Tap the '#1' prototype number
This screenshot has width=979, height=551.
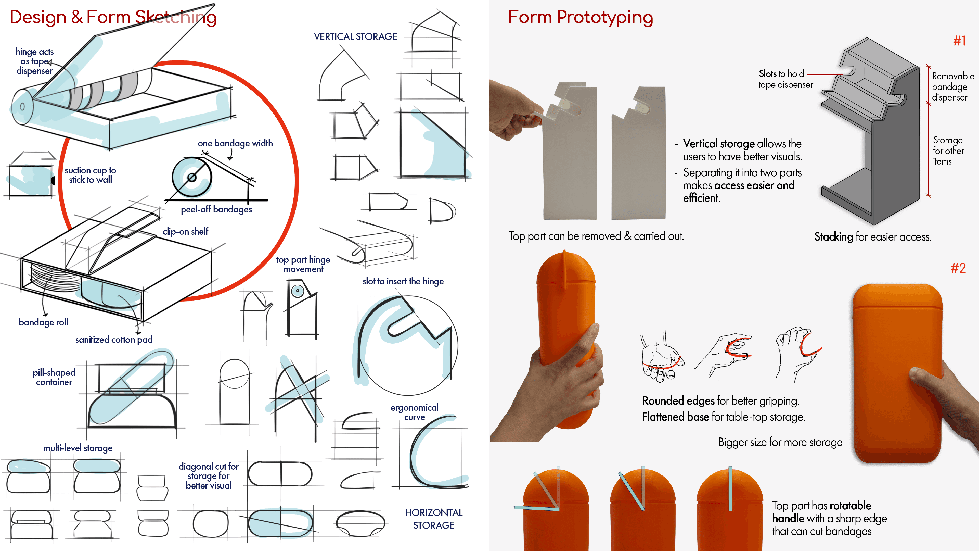click(959, 41)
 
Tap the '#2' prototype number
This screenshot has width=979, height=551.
click(958, 268)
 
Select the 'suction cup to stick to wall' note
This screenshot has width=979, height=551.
click(91, 175)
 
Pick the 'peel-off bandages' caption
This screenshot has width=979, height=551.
click(216, 209)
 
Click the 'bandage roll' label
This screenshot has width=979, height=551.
click(43, 322)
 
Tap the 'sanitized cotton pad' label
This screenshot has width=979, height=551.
click(114, 340)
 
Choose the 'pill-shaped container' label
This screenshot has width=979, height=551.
click(54, 377)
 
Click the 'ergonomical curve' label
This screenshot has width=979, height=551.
click(414, 412)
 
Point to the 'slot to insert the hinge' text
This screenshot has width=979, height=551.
click(403, 281)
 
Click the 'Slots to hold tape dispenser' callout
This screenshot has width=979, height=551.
click(785, 79)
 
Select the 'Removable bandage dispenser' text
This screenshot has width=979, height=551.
click(952, 87)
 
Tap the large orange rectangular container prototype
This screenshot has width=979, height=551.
click(897, 373)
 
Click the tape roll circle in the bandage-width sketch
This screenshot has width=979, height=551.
click(192, 177)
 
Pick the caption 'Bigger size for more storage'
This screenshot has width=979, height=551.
click(780, 442)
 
